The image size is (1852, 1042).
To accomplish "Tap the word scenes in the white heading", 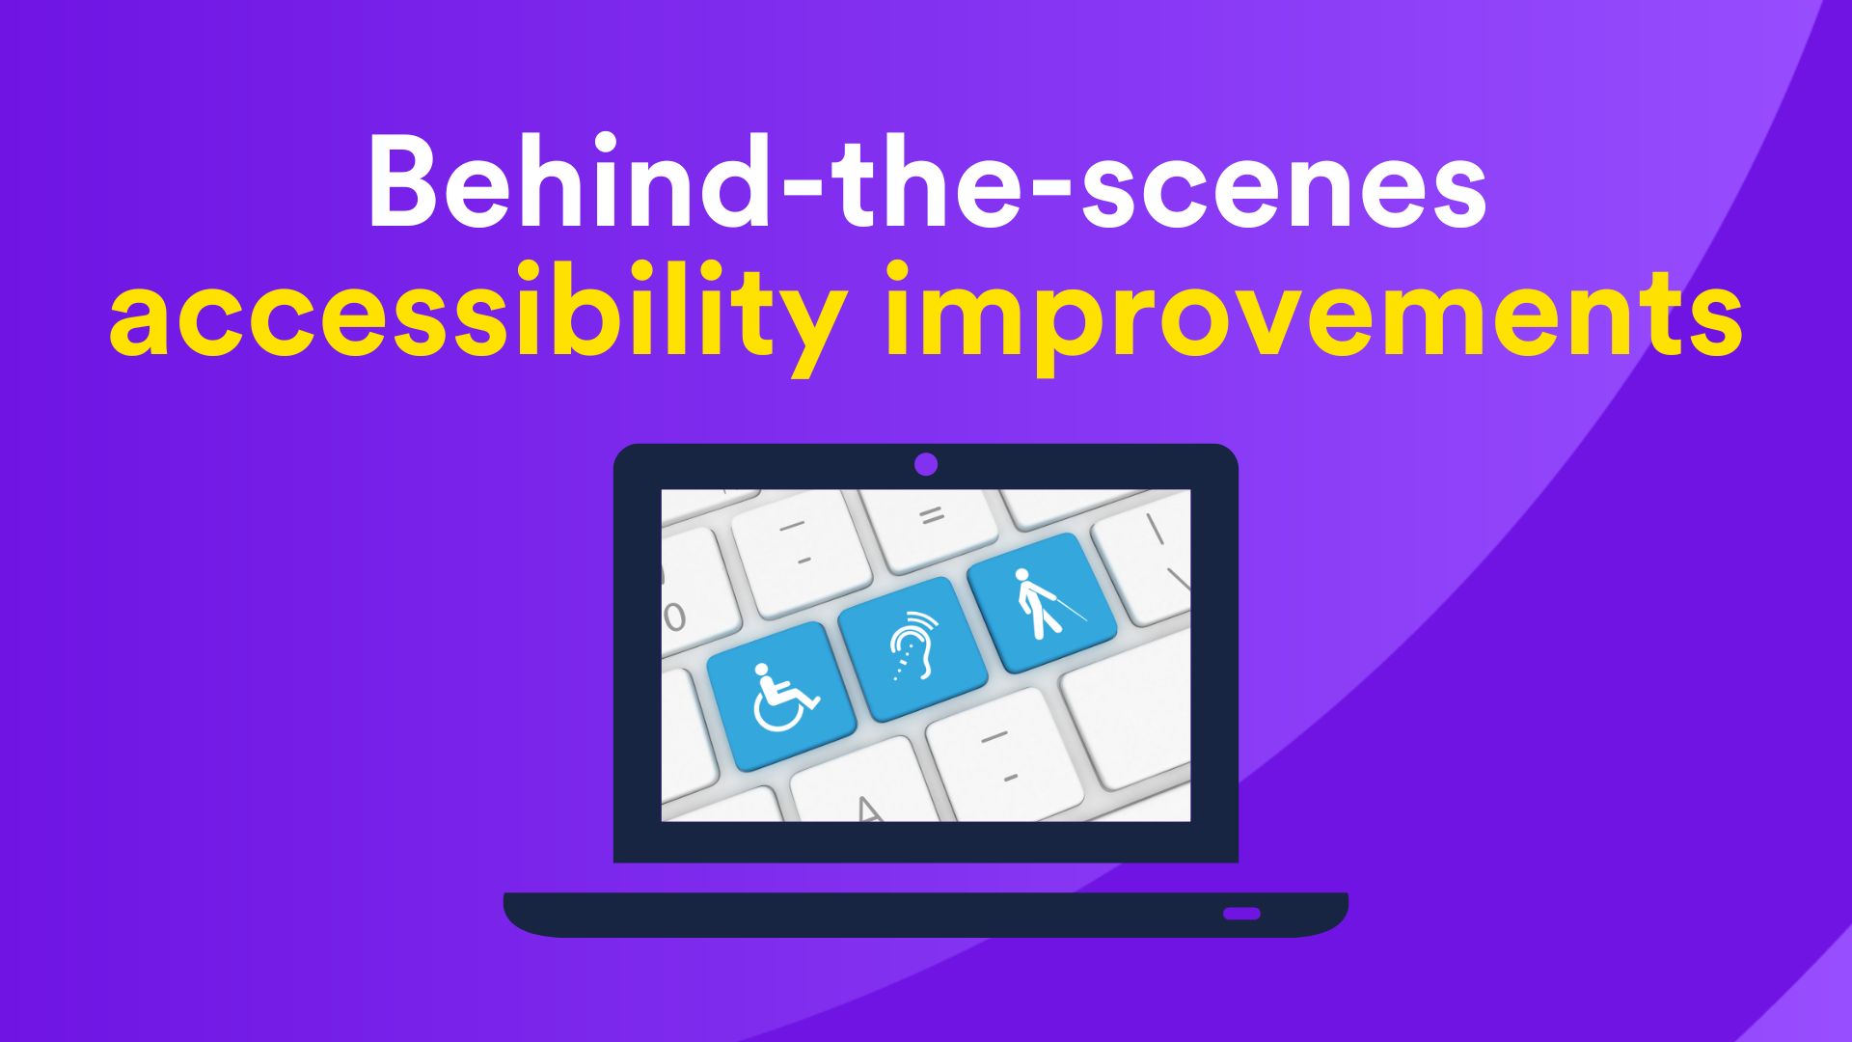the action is (1284, 192).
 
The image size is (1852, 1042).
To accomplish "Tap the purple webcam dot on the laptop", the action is (926, 465).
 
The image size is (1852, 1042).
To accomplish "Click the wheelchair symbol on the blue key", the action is (784, 697).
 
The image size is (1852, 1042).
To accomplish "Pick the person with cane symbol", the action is (1046, 603).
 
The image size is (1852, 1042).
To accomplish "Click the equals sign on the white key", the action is (931, 517).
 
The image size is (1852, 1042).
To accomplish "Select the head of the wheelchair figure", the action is (762, 669).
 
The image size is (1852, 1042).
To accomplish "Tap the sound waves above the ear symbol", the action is (917, 618).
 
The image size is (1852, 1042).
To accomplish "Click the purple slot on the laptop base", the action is (1241, 913).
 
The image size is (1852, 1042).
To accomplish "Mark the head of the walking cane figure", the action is (1022, 576).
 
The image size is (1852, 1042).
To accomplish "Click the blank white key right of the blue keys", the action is (1129, 714).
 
